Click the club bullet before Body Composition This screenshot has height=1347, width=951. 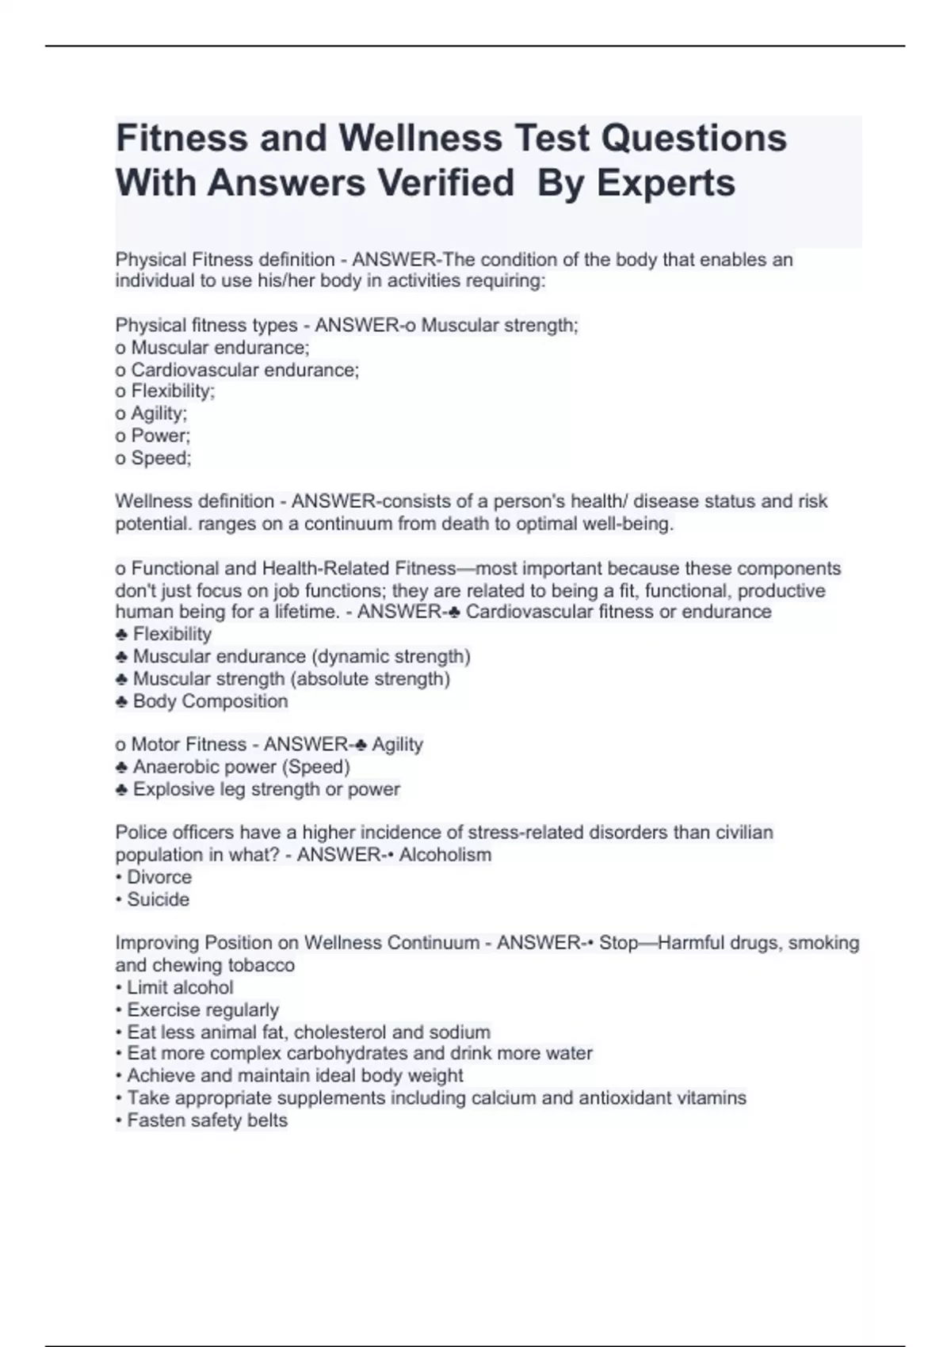(x=122, y=702)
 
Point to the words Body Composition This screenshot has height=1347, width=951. (x=210, y=701)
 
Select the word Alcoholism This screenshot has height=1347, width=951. (x=445, y=855)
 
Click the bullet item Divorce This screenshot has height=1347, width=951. (x=158, y=877)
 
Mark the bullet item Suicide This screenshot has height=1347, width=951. (x=158, y=899)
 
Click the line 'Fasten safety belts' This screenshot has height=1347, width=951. (x=207, y=1120)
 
